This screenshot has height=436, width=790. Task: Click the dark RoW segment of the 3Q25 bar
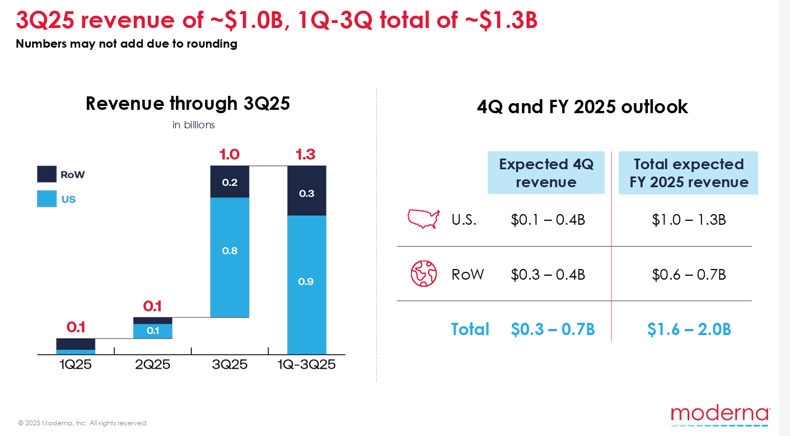230,182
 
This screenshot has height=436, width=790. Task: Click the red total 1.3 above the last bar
306,155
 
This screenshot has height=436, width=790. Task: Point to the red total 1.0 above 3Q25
230,155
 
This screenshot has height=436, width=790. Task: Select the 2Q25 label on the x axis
152,365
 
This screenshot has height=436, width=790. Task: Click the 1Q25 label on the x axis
76,365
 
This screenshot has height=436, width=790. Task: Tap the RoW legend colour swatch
46,174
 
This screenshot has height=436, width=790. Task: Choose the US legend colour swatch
46,199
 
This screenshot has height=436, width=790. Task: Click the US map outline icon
423,219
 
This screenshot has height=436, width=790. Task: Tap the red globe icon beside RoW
423,274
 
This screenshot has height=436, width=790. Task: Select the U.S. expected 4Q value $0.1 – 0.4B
548,220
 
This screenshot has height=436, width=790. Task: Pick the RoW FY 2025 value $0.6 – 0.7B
689,275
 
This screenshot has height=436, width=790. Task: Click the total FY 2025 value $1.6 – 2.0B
689,330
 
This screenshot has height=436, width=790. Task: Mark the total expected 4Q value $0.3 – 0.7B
552,330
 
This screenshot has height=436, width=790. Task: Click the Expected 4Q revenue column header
546,173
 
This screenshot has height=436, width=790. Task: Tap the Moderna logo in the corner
720,416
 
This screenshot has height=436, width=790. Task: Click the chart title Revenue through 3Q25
188,104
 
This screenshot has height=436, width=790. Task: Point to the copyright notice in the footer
83,423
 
